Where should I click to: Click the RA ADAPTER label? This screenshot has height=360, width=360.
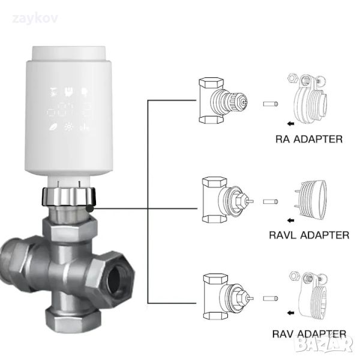tap(309, 139)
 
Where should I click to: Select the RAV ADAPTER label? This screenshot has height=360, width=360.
tap(310, 334)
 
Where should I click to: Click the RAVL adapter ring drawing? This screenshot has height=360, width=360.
tap(311, 199)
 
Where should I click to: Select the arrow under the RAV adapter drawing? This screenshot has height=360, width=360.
tap(291, 313)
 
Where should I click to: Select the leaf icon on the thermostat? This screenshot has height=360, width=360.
tap(54, 127)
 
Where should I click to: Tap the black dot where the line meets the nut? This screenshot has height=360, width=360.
tap(90, 207)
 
